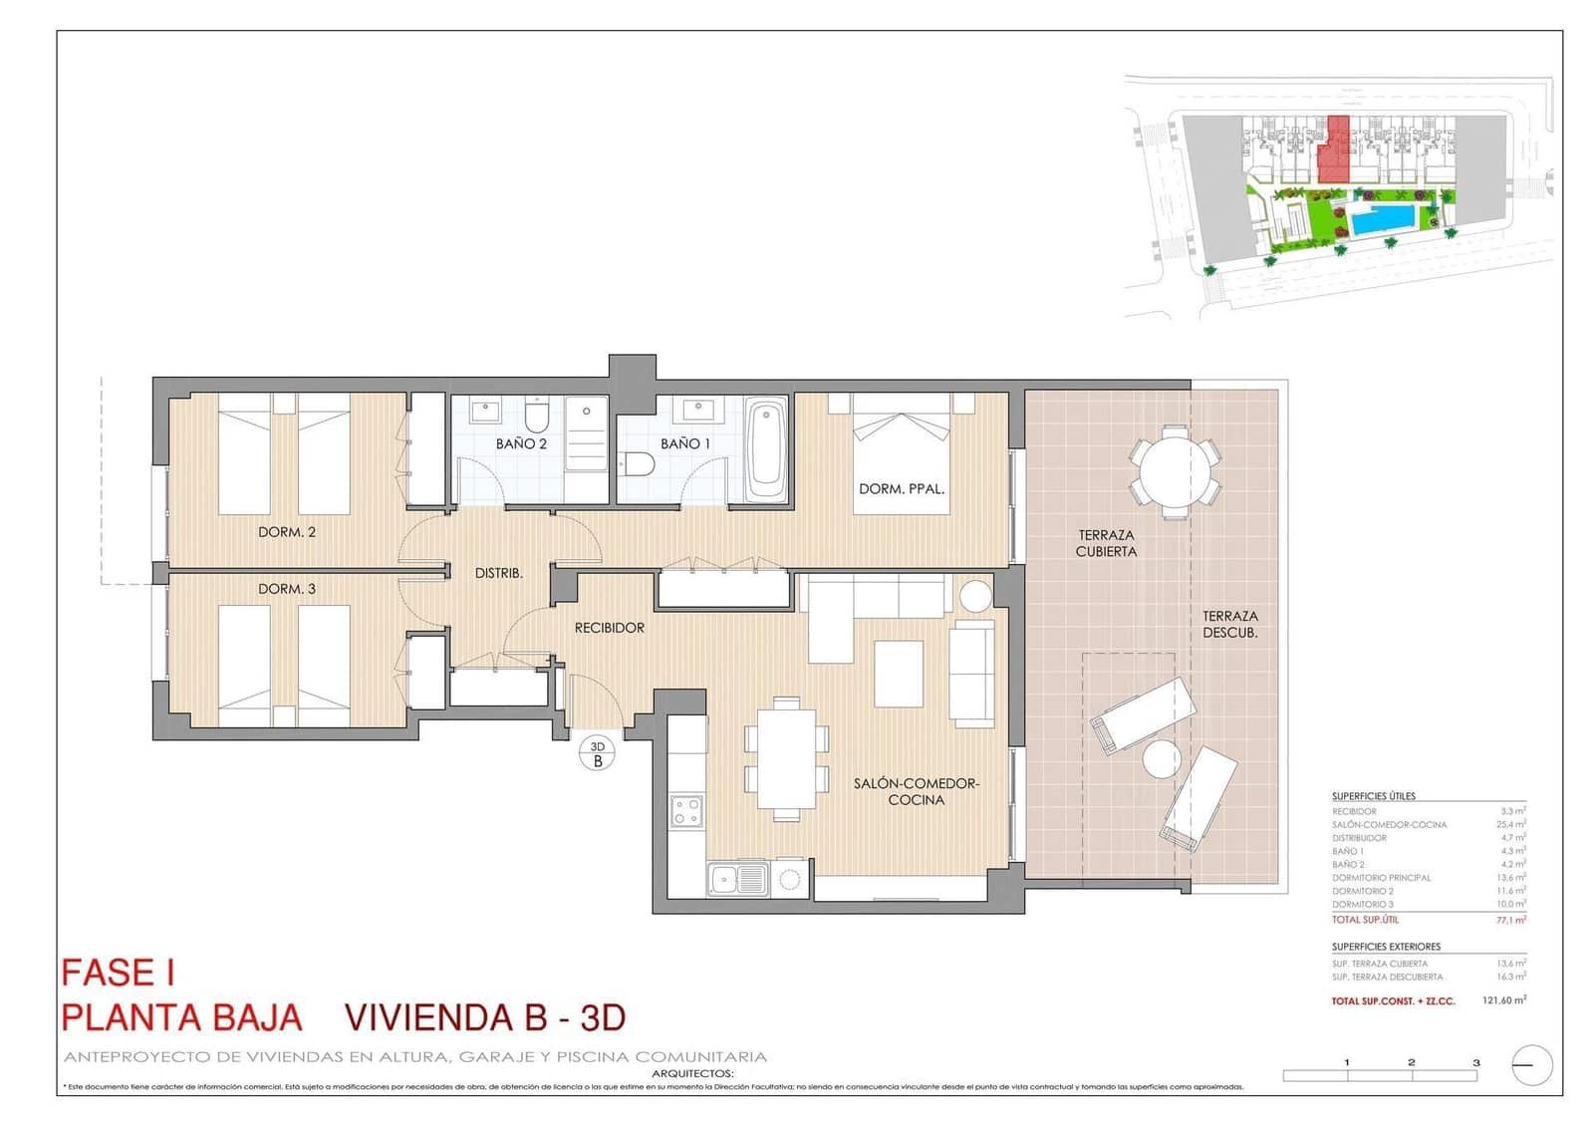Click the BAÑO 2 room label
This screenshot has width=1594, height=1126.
521,443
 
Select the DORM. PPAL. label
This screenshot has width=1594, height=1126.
902,488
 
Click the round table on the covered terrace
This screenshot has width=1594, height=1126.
1176,472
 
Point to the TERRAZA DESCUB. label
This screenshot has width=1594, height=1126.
1229,624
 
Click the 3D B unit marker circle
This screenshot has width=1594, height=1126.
598,753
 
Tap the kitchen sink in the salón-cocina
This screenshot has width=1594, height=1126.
738,880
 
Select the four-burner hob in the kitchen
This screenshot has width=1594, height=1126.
685,811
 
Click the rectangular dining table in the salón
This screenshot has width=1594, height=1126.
786,758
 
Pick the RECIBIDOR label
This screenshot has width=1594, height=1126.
609,628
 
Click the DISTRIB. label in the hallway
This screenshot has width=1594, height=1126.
498,573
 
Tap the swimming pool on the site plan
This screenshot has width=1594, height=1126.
1383,220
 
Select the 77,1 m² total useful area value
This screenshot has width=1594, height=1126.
1510,920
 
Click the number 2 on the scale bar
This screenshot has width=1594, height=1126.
1411,1062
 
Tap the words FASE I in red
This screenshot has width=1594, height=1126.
119,973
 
